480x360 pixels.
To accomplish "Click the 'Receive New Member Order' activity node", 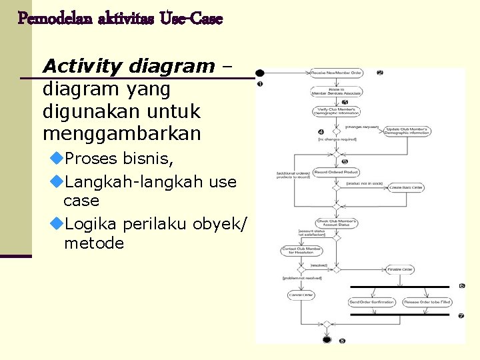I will pos(337,73).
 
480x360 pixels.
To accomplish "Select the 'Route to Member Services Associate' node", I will pos(337,91).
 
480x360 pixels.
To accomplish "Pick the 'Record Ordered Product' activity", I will pos(337,172).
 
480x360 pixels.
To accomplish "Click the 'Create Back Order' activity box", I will pos(407,187).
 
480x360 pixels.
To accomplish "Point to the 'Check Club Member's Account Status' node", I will pos(337,223).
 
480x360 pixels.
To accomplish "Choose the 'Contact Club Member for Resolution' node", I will pos(301,251).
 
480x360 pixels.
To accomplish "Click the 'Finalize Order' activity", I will pos(400,269).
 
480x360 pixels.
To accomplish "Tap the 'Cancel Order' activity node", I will pos(301,295).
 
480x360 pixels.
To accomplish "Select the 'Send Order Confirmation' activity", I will pos(372,302).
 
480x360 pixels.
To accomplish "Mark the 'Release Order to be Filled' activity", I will pos(427,302).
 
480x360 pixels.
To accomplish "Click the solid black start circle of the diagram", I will pos(259,73).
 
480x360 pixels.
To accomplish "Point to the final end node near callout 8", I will pos(327,340).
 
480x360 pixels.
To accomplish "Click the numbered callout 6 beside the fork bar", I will pos(461,286).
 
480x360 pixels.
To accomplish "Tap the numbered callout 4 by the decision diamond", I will pos(321,131).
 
